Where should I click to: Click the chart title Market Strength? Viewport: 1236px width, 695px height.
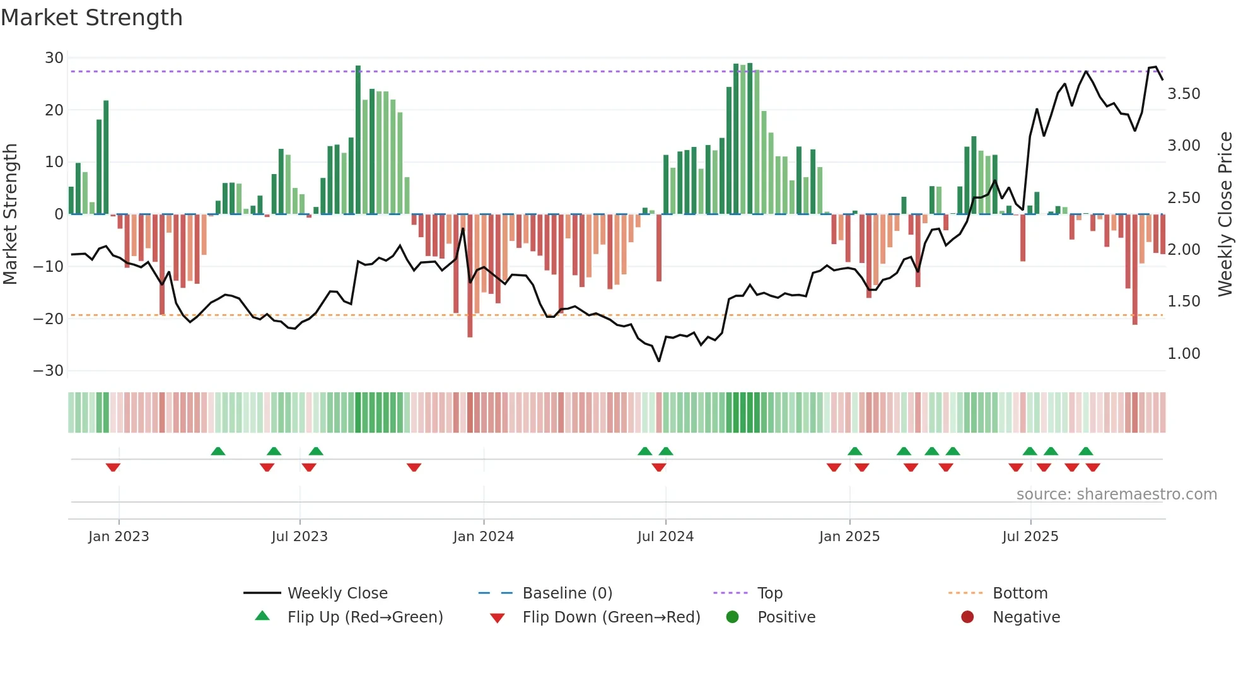[91, 18]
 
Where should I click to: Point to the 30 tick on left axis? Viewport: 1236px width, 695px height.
[54, 58]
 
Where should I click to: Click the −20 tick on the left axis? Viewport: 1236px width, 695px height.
[49, 319]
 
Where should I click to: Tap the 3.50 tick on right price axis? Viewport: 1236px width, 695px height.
[1184, 94]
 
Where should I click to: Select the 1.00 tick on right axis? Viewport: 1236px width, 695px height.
[1184, 354]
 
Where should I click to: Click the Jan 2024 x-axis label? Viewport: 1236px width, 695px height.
[483, 537]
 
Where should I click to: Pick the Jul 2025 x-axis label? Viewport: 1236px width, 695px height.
[1030, 537]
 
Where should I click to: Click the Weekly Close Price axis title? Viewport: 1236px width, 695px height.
[1225, 214]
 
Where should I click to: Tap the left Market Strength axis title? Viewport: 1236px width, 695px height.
[11, 214]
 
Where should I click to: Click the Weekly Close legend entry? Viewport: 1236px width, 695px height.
[337, 593]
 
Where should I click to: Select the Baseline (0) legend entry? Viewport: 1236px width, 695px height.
[567, 593]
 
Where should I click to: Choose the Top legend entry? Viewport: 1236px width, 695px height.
[769, 593]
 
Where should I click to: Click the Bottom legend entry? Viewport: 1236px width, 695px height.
[1020, 593]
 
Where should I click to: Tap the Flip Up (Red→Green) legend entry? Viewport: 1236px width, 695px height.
[364, 617]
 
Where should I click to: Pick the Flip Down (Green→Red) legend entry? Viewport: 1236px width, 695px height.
[610, 617]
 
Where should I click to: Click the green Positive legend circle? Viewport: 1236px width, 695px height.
[732, 617]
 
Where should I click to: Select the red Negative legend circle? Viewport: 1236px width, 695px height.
[967, 617]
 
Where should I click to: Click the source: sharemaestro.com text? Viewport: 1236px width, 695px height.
[1116, 494]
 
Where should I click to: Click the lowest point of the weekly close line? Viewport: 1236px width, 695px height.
[659, 361]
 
